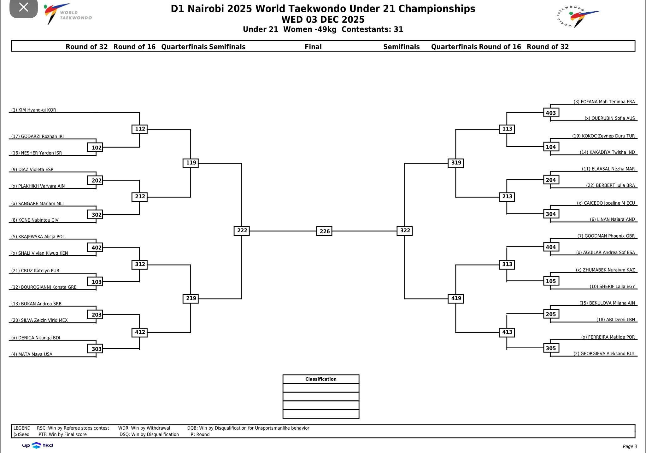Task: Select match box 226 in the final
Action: [324, 231]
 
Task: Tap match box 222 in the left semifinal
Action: [242, 230]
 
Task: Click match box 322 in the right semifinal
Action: [405, 230]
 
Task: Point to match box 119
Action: [191, 163]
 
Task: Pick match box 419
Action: [456, 298]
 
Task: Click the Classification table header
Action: [321, 379]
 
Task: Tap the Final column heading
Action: [313, 47]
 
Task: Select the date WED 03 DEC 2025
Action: [323, 20]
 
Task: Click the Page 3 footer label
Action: [630, 446]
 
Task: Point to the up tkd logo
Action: [37, 445]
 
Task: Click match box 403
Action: [551, 113]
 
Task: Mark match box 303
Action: [95, 349]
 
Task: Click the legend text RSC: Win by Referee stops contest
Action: [73, 428]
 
